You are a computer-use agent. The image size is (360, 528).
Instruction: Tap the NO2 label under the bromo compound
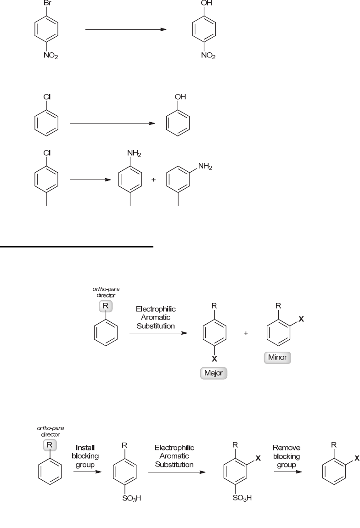tap(51, 56)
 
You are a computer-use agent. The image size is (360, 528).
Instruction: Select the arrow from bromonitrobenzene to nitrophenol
tap(125, 30)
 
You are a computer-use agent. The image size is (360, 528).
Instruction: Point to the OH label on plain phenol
tap(180, 97)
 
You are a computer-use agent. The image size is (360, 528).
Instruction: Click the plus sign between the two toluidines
tap(153, 180)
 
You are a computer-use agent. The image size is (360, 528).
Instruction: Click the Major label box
tap(214, 373)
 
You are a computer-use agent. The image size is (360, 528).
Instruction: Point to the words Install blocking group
tap(85, 456)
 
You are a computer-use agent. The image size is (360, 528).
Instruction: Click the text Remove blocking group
tap(286, 456)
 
